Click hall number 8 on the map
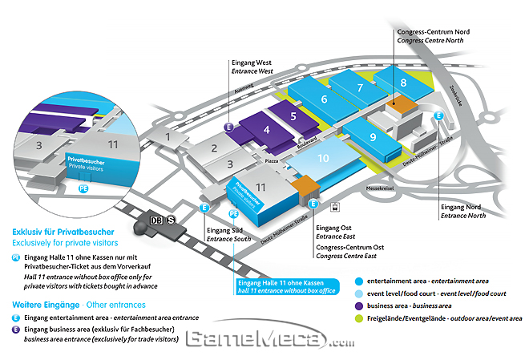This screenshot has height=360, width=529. tap(403, 82)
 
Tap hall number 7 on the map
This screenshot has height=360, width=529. tap(361, 87)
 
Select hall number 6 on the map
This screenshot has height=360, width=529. tap(324, 99)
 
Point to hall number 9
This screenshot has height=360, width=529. tap(373, 136)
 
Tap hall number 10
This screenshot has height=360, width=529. tap(323, 158)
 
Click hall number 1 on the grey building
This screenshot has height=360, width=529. tap(168, 136)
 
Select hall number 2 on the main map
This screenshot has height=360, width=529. tap(214, 147)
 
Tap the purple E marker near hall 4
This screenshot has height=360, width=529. tap(229, 127)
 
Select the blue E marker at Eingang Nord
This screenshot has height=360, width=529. tap(438, 116)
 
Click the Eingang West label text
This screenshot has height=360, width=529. tap(252, 62)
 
